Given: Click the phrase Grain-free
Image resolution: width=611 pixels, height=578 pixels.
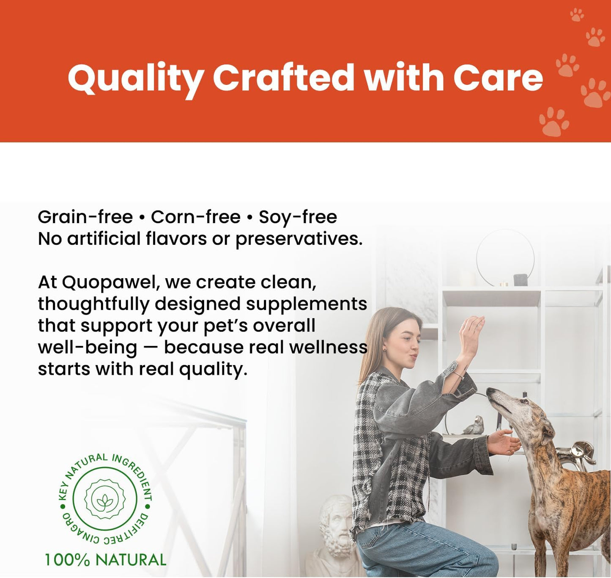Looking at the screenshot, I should tap(85, 217).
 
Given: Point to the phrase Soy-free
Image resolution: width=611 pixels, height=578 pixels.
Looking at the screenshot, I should tap(298, 217).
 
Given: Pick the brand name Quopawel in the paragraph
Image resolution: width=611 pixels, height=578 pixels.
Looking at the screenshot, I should tap(109, 282).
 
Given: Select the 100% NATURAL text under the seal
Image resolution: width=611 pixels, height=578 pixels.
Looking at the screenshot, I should tap(106, 560).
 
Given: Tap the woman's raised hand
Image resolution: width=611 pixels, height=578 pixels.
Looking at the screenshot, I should tap(472, 331).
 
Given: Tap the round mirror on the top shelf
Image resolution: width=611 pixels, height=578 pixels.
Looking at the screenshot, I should tap(505, 257).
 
